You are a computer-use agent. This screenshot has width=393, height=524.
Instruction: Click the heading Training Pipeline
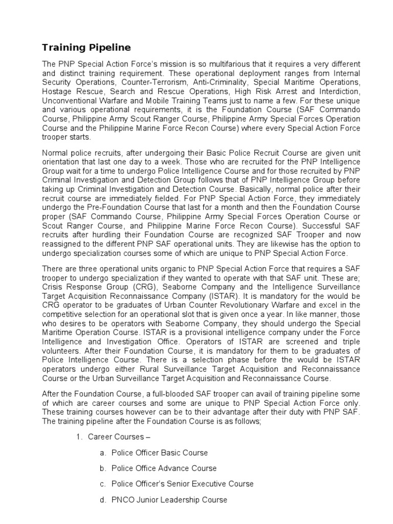86,48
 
